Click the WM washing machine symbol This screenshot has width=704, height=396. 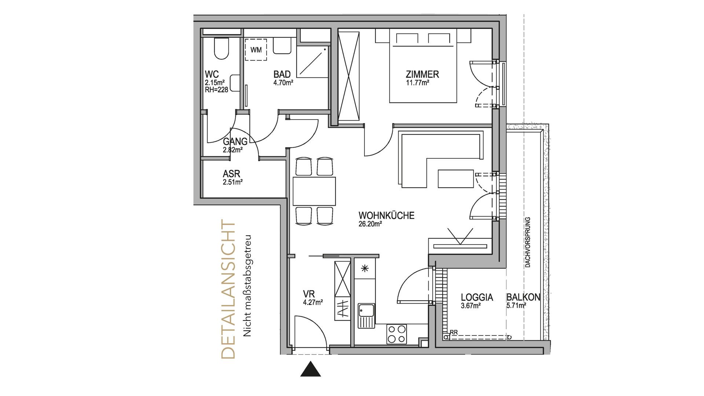point(256,49)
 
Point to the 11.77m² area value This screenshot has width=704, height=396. point(418,83)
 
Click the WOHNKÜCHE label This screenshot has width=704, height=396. point(386,215)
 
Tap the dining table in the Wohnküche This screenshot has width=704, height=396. point(314,191)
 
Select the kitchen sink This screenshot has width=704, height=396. point(367,316)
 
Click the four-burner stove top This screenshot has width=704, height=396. point(397,334)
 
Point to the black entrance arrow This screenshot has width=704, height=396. point(311,369)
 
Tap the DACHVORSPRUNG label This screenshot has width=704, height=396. point(528,242)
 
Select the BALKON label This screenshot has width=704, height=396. point(523,297)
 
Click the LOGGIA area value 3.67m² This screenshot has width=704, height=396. point(471,305)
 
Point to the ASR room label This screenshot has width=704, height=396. point(231,174)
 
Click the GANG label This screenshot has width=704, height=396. point(235,142)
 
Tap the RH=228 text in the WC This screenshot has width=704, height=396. point(216,89)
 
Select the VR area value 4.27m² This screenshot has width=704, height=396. point(313,302)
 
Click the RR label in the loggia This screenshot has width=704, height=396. point(454,332)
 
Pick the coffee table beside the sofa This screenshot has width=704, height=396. point(456,179)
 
